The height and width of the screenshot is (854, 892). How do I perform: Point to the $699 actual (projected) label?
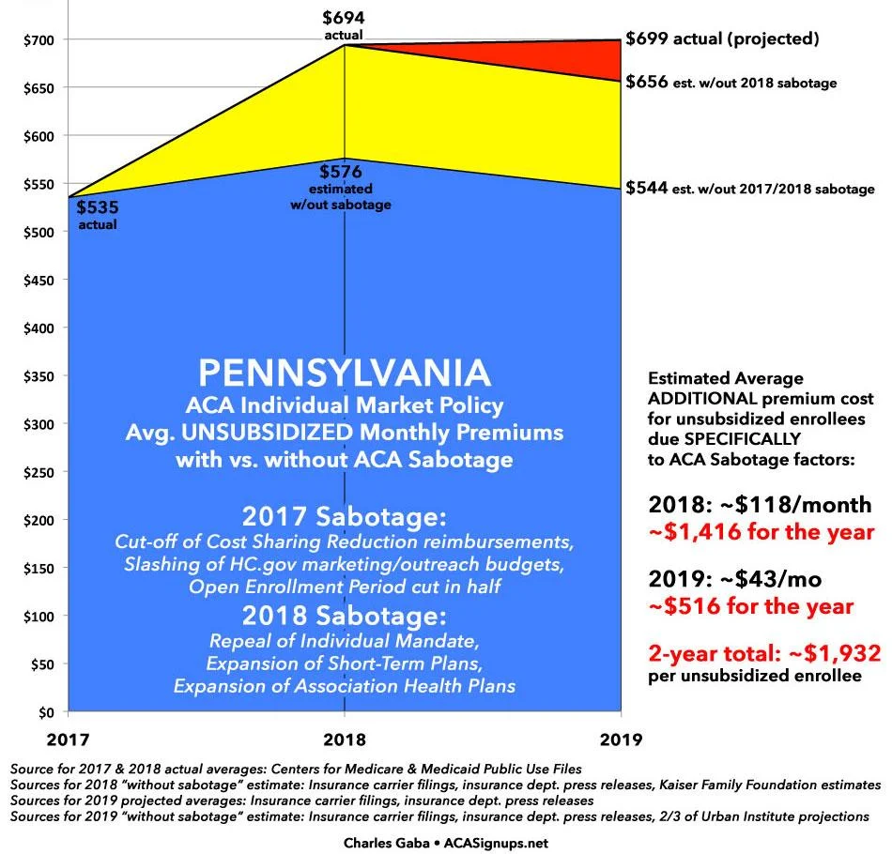pos(723,39)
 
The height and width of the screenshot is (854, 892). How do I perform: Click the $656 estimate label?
pos(731,82)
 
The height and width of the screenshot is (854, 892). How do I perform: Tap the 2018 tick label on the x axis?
pos(346,738)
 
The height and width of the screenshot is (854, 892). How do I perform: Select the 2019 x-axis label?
pos(620,738)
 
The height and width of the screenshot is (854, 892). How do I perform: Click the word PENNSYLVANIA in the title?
pos(346,373)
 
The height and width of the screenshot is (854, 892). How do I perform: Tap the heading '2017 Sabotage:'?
pos(346,517)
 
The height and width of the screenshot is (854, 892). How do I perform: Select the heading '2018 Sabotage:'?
pos(346,617)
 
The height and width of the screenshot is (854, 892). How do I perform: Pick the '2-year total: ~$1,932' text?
pos(761,652)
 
